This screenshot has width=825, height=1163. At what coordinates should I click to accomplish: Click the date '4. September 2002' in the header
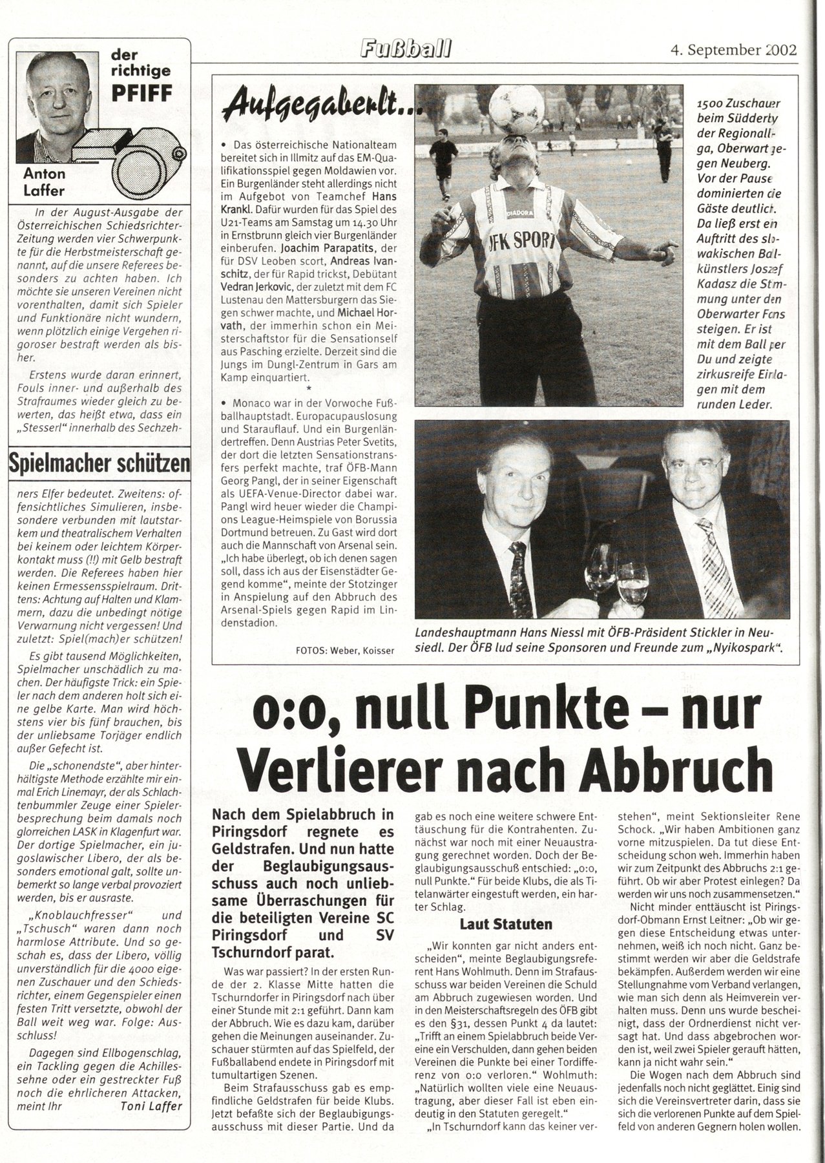[733, 50]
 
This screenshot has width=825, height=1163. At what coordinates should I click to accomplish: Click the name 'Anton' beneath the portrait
[45, 173]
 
